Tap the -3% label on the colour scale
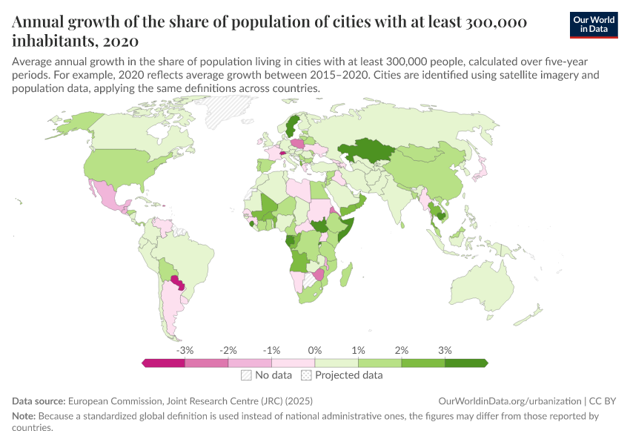click(x=185, y=349)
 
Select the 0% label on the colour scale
click(x=315, y=349)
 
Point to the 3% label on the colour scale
click(x=445, y=349)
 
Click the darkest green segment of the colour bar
click(x=465, y=363)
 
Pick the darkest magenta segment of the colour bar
click(x=164, y=363)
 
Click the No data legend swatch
click(x=246, y=375)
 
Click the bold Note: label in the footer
click(x=26, y=416)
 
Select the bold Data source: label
click(x=39, y=400)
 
